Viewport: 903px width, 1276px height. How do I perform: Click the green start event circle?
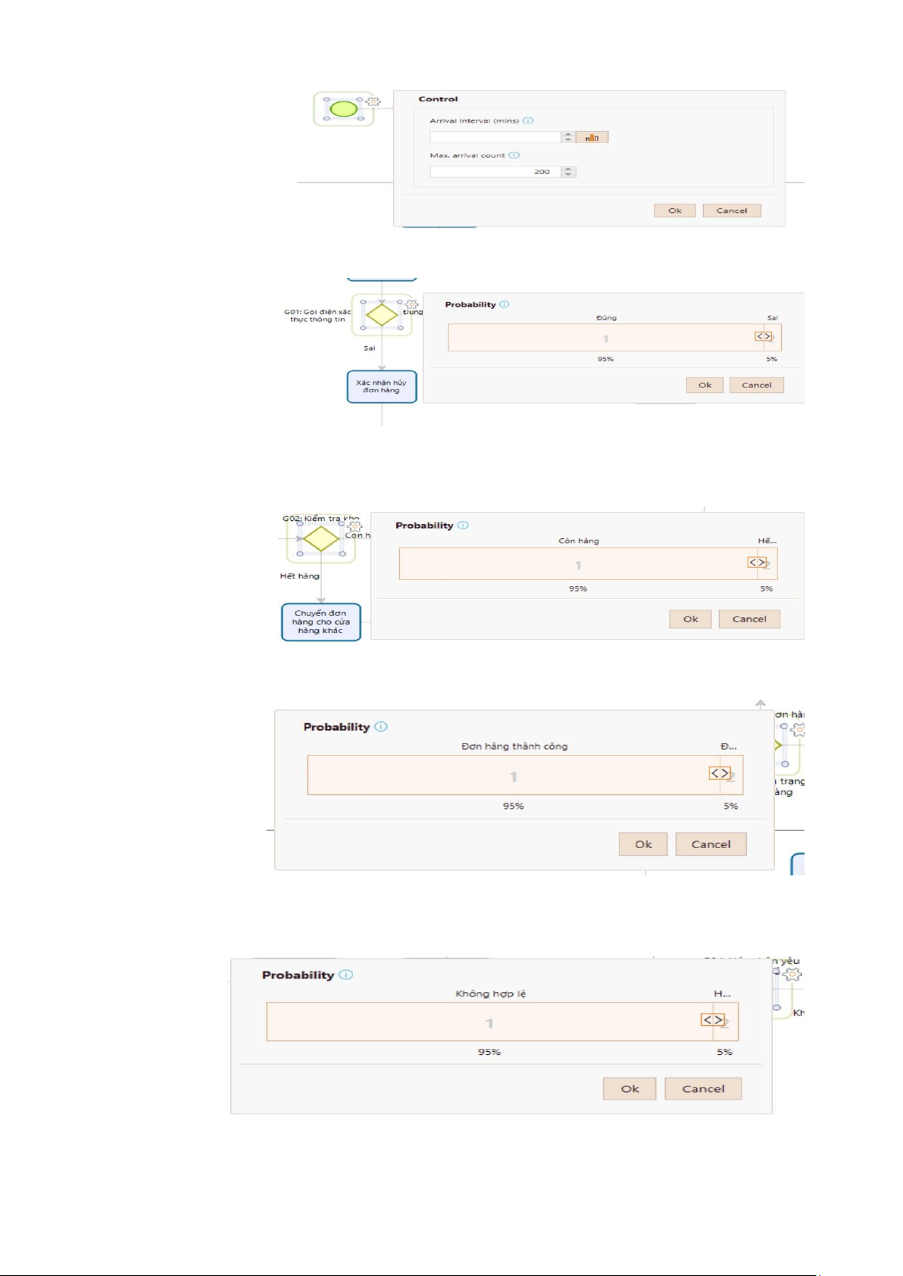(344, 109)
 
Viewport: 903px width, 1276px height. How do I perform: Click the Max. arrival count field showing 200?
(495, 172)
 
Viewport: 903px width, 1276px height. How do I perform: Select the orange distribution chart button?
(592, 137)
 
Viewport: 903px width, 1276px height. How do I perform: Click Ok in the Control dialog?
(675, 211)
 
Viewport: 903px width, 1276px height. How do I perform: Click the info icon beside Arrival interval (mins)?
(529, 121)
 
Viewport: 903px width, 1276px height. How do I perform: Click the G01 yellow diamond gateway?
(382, 314)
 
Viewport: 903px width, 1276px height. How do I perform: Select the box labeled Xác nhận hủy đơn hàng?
(382, 386)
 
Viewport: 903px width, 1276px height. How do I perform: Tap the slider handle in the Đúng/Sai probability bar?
(763, 336)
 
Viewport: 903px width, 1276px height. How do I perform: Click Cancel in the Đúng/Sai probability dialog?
(756, 385)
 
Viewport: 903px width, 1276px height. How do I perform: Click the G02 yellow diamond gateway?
(321, 539)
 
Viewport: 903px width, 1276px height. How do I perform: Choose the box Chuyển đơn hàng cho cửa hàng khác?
(320, 622)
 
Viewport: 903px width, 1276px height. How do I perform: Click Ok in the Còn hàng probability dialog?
(690, 619)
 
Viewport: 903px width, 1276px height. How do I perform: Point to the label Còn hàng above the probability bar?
(579, 541)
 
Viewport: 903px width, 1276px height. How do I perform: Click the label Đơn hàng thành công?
(514, 747)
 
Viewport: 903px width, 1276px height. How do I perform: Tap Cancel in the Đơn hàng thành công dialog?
(711, 844)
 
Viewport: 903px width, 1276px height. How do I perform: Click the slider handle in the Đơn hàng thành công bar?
(720, 773)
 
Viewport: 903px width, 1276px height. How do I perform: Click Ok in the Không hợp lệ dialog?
(630, 1089)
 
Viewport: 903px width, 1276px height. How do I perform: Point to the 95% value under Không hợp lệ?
(489, 1052)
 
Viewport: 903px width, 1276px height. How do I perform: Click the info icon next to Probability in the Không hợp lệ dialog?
(346, 975)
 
